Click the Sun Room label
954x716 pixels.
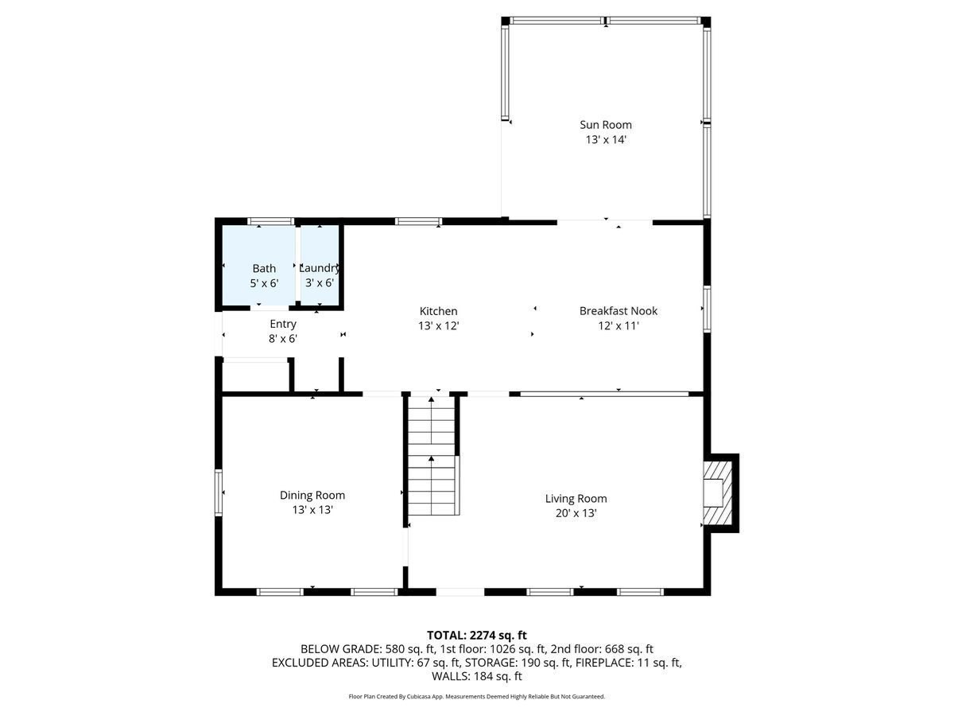pyautogui.click(x=606, y=124)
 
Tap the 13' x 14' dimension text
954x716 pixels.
pyautogui.click(x=606, y=139)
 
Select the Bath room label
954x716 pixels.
pyautogui.click(x=264, y=268)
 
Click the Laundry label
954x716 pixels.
pyautogui.click(x=320, y=268)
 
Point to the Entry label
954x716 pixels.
pyautogui.click(x=283, y=324)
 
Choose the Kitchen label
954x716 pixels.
pyautogui.click(x=439, y=311)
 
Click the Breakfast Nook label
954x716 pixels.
pyautogui.click(x=619, y=311)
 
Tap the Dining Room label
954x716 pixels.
pyautogui.click(x=312, y=495)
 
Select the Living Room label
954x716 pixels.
pyautogui.click(x=576, y=499)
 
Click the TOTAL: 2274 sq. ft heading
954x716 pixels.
pyautogui.click(x=477, y=635)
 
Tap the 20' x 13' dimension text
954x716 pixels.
pyautogui.click(x=576, y=514)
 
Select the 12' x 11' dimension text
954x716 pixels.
pyautogui.click(x=619, y=325)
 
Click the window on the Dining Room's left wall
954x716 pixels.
pyautogui.click(x=219, y=492)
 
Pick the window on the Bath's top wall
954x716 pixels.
pyautogui.click(x=271, y=221)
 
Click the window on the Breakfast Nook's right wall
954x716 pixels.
pyautogui.click(x=706, y=309)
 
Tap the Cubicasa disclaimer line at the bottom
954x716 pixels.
pyautogui.click(x=477, y=697)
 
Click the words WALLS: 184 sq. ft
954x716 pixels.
pyautogui.click(x=477, y=676)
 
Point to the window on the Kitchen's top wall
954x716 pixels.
pyautogui.click(x=419, y=221)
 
